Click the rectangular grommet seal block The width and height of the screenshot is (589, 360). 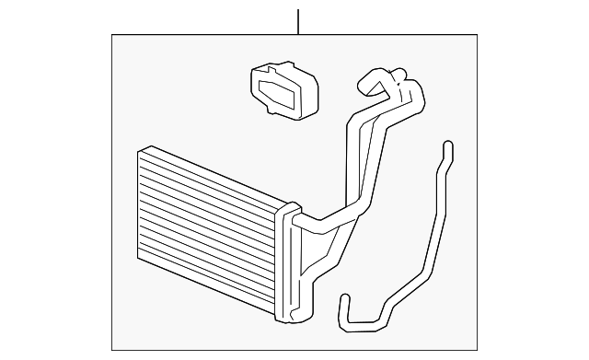284,89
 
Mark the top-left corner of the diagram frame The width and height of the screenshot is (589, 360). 112,35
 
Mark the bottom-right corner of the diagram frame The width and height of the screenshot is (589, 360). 478,350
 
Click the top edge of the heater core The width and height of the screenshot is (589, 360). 212,175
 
